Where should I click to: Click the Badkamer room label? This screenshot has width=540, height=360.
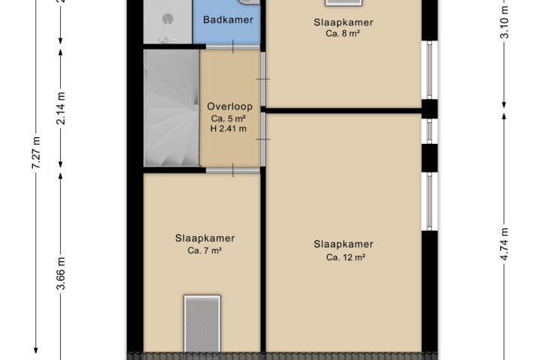point(228,19)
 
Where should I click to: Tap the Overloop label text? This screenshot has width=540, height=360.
point(229,106)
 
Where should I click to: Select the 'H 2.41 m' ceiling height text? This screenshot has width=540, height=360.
point(228,129)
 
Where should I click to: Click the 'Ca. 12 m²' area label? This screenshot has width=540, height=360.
point(346,257)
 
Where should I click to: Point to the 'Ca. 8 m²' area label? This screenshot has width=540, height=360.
point(343,34)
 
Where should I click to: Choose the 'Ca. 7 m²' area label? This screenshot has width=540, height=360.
point(204,250)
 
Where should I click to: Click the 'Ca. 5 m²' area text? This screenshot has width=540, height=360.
point(228,118)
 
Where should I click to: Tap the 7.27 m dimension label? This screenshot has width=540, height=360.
point(36,152)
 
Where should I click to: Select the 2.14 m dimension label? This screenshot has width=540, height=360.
point(61,108)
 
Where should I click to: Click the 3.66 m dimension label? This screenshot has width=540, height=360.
point(61,274)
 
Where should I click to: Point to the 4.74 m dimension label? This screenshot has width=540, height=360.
point(504,244)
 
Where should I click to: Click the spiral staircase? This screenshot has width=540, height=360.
point(172,108)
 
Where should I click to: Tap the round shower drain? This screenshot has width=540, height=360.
point(168,19)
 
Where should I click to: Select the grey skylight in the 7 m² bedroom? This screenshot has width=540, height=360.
point(202,323)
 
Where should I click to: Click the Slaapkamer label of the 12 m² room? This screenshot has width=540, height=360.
point(343,244)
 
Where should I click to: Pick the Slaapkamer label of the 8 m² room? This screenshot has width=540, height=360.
point(343,22)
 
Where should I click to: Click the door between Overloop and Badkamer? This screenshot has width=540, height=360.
point(232,46)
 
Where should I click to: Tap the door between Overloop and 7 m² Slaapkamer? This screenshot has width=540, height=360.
point(232,170)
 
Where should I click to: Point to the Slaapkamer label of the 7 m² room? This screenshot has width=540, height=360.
point(205,238)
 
